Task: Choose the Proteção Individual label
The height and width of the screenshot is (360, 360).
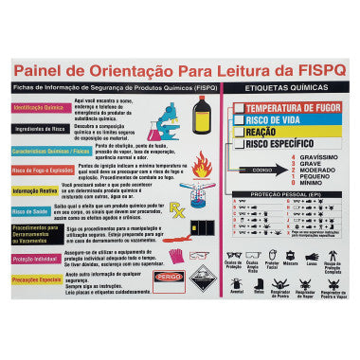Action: [35, 258]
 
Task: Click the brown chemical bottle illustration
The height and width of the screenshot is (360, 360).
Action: [202, 115]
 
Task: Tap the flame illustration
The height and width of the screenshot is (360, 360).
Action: [202, 166]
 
